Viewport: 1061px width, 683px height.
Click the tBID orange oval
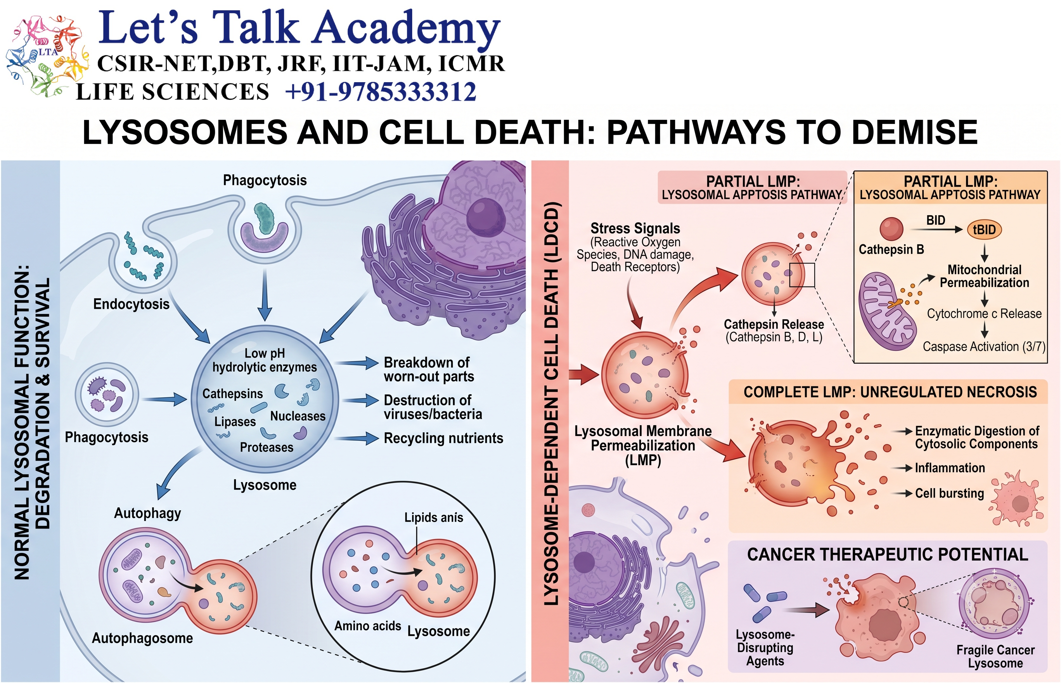(x=984, y=230)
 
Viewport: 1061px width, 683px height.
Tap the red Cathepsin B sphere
(x=891, y=229)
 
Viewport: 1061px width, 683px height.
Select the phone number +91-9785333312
(x=381, y=92)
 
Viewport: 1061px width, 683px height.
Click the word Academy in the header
(x=407, y=28)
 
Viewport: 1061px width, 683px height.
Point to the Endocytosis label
(x=131, y=304)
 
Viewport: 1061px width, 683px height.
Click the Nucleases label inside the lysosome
(x=298, y=416)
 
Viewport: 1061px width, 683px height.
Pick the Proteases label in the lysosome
(x=267, y=447)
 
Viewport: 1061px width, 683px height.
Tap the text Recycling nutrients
(x=443, y=438)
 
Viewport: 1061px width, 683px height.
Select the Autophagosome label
(x=142, y=638)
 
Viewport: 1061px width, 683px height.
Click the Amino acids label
(x=367, y=626)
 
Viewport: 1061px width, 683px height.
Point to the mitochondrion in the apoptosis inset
(x=887, y=312)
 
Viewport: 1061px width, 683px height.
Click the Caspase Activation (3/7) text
(x=984, y=346)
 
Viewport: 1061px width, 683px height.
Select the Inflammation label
(x=950, y=468)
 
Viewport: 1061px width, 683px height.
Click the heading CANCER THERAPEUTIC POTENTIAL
(x=887, y=554)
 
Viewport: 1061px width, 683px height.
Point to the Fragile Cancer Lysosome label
(x=995, y=656)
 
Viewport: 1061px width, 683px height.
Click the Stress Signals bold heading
(x=635, y=228)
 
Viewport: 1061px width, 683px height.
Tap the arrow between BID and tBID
(x=936, y=229)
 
